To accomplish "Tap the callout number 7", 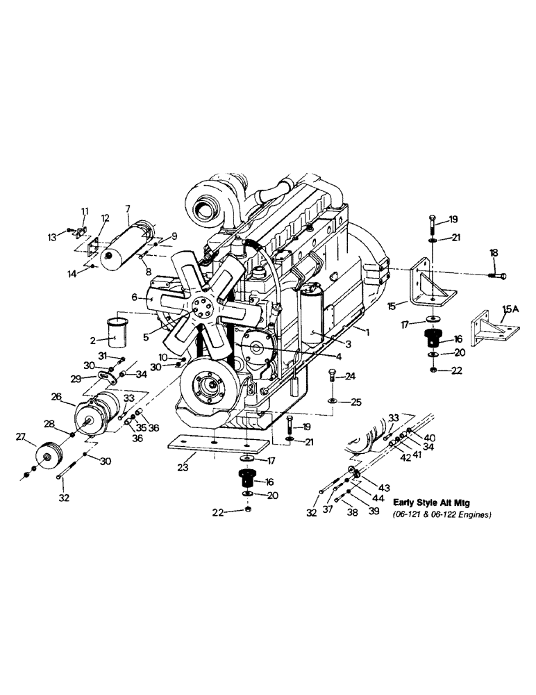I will (128, 208).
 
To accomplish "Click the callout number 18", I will (494, 253).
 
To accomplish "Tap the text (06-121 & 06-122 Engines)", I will (442, 514).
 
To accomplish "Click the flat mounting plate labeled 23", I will (217, 443).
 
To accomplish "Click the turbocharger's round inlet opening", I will (206, 206).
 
